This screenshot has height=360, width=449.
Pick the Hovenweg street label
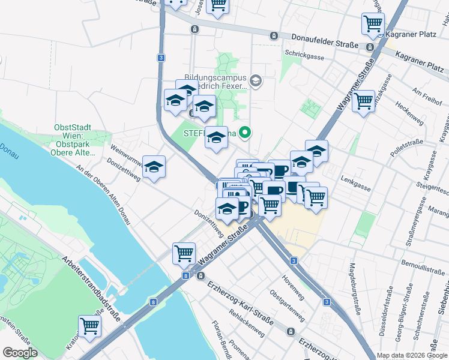pos(294,288)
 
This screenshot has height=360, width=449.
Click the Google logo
pos(20,353)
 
